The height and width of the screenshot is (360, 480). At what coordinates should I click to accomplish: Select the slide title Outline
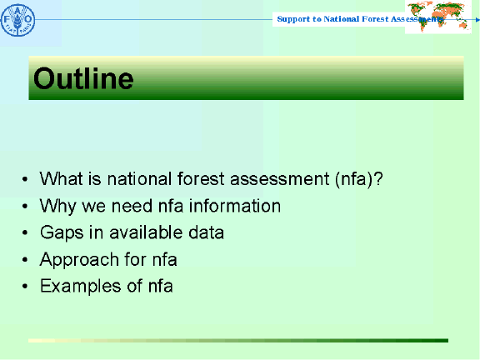point(83,79)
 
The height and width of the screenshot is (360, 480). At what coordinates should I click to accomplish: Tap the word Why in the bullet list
point(56,206)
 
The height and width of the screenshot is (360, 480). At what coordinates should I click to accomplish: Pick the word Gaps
point(59,232)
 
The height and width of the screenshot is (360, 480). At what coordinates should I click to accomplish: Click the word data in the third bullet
point(207,232)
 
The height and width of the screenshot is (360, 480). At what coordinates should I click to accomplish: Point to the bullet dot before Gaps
point(27,233)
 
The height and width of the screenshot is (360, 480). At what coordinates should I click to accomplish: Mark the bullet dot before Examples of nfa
point(27,287)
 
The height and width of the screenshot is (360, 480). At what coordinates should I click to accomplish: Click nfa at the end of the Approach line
point(163,259)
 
